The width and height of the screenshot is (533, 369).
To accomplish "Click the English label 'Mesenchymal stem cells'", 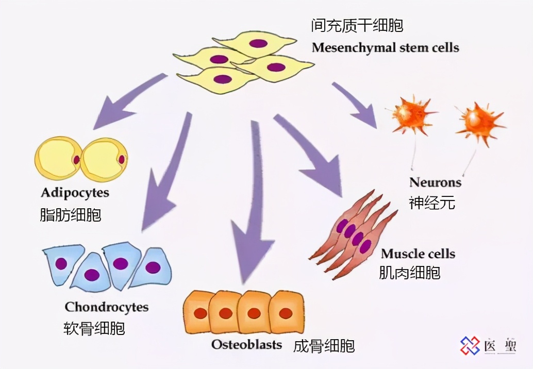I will pos(385,48).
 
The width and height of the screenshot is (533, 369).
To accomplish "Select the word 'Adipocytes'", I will pos(75,193).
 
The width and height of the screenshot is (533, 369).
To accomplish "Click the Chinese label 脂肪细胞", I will pos(71,214).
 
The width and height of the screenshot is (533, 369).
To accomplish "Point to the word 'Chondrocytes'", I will pos(106,307).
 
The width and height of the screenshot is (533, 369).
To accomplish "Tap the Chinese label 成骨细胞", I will pos(324,345).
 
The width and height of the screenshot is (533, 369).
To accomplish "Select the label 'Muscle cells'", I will pos(418,254).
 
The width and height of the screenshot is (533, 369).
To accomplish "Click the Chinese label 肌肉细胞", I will pos(410,272).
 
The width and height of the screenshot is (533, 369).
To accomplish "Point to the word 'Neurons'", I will pos(435,182).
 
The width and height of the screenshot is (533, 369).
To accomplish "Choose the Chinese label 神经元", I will pos(432,203).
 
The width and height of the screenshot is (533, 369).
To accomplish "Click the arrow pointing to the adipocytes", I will pos(129,100).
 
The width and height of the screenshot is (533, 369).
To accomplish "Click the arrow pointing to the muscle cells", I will pos(309,155).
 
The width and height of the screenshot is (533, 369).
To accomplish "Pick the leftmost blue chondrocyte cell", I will pos(62,264).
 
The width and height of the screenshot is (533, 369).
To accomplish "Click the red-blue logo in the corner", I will pos(470,345).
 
